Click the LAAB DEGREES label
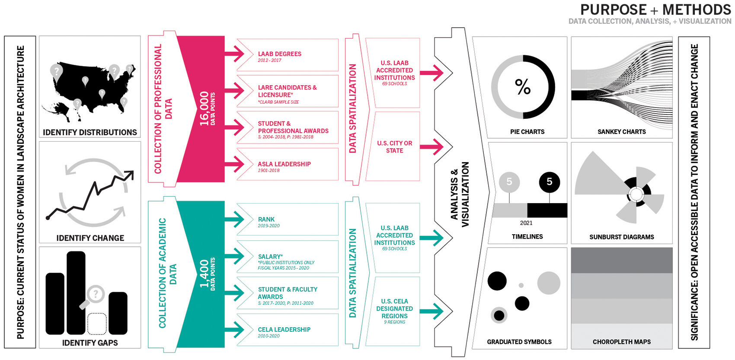tap(279, 54)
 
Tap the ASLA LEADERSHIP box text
tap(284, 164)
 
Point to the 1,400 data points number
tap(205, 274)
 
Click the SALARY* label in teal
tap(270, 256)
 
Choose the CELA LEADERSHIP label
tap(284, 329)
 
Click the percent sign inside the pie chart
tap(523, 87)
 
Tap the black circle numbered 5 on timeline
tap(549, 182)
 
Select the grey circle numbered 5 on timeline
tap(509, 182)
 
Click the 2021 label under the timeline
tap(526, 223)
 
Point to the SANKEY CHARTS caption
tap(621, 132)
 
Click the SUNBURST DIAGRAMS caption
tap(621, 237)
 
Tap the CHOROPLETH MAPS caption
tap(621, 342)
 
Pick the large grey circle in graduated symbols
tap(549, 283)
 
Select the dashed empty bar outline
tap(97, 324)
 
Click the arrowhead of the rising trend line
tap(129, 175)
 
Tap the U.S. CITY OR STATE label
tap(394, 147)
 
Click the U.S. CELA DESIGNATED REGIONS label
tap(394, 309)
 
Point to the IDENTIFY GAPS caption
tap(90, 343)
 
